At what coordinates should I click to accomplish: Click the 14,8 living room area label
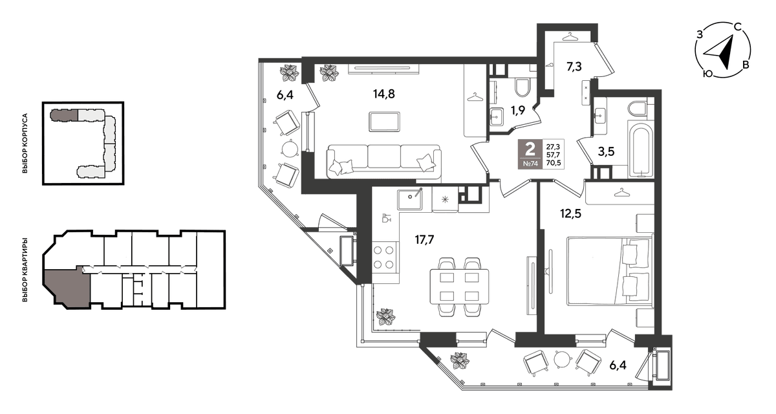[x=384, y=94]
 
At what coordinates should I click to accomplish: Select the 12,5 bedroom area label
[x=571, y=213]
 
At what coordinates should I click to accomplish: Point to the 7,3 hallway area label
[x=574, y=67]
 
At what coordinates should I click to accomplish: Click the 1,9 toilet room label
[x=518, y=111]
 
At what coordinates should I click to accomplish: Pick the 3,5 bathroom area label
[x=607, y=151]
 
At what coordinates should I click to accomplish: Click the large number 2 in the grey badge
[x=530, y=149]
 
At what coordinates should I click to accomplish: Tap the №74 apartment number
[x=530, y=164]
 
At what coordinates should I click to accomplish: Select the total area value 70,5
[x=554, y=163]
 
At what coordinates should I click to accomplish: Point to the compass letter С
[x=738, y=27]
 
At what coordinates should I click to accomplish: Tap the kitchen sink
[x=410, y=199]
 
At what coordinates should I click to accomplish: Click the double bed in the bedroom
[x=610, y=271]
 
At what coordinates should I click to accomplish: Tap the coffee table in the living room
[x=385, y=122]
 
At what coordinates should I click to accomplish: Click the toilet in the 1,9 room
[x=522, y=87]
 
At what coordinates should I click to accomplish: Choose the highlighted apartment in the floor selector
[x=67, y=286]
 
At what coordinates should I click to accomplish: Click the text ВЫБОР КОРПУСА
[x=25, y=144]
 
